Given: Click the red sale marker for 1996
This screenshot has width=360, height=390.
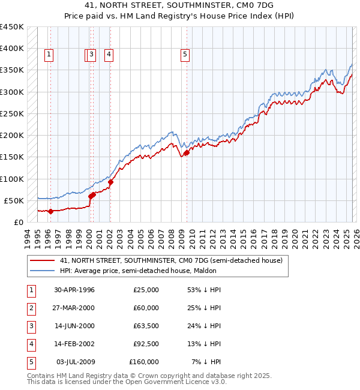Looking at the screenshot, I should [x=50, y=211].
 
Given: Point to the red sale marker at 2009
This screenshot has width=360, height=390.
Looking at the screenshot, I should [x=187, y=152].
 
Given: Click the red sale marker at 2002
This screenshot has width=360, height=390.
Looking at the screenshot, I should [x=110, y=182].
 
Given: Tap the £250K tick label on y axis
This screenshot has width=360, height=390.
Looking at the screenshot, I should [x=11, y=113].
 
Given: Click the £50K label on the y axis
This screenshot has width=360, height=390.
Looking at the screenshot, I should [x=14, y=200].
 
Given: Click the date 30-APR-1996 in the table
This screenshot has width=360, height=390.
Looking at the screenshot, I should [x=74, y=290].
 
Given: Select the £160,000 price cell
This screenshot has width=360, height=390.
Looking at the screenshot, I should [x=144, y=362].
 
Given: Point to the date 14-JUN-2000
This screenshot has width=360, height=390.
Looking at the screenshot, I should [x=74, y=326].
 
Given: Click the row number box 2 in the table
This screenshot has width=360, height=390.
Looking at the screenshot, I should [x=30, y=308].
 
